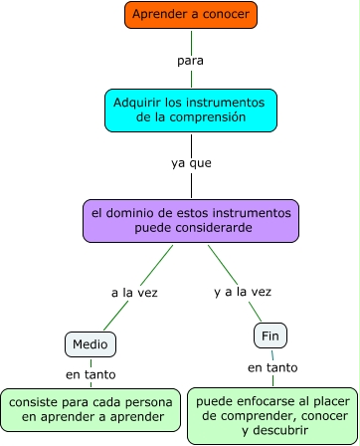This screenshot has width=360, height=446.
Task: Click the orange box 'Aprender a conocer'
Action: click(191, 16)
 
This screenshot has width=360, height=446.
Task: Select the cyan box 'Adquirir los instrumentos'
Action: click(190, 110)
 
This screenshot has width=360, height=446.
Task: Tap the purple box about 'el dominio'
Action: click(191, 221)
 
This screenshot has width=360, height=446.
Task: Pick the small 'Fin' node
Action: click(270, 335)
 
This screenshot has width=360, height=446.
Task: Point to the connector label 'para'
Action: click(190, 61)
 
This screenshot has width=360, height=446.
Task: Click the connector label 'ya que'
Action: click(191, 162)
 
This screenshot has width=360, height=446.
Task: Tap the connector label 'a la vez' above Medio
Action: click(134, 294)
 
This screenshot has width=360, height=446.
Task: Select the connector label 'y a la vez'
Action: click(242, 292)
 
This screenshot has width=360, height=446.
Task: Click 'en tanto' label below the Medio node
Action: click(90, 374)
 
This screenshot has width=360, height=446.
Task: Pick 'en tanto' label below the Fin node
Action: click(271, 367)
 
